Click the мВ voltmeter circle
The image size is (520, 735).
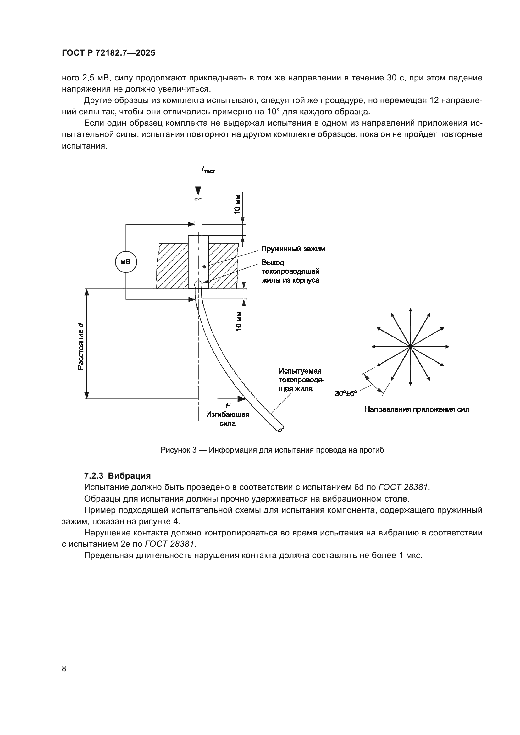125,262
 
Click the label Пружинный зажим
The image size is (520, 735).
293,249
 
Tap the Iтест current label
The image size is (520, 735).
208,170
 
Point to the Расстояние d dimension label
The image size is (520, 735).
81,346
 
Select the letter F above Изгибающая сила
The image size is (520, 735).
228,406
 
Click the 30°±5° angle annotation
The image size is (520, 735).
346,393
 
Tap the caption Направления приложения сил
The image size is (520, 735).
417,409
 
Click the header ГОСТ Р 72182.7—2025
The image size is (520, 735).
108,53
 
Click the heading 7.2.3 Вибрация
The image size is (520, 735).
117,476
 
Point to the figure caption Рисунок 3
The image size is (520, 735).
272,450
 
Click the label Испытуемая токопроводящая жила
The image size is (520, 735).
301,380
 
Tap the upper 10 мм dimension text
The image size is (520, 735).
237,204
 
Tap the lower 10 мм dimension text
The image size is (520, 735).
239,321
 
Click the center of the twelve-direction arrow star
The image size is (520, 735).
410,347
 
